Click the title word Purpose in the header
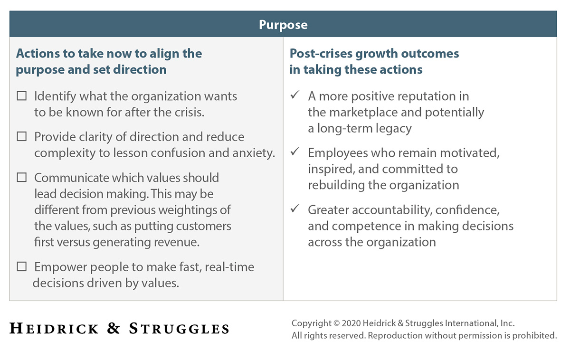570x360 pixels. click(x=283, y=25)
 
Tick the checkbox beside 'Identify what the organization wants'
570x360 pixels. click(x=22, y=96)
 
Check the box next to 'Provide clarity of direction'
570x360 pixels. click(x=22, y=137)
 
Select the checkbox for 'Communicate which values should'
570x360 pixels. click(x=22, y=178)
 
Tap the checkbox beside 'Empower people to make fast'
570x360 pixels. click(x=22, y=267)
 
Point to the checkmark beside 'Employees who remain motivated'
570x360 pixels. click(x=295, y=152)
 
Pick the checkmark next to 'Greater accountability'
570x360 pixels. click(x=295, y=209)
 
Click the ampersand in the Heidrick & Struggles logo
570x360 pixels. click(x=114, y=328)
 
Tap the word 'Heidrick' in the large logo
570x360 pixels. click(x=54, y=328)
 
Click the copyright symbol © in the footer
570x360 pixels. click(x=336, y=323)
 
